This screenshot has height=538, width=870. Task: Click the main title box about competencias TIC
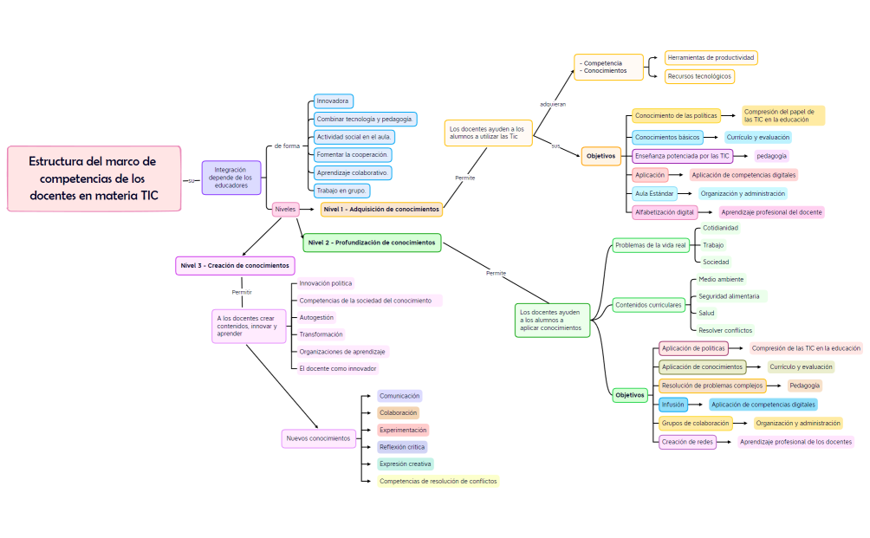click(94, 178)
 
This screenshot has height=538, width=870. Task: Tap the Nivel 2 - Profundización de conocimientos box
click(372, 243)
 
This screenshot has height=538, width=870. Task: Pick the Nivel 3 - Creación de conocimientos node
click(235, 265)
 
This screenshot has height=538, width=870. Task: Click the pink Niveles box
click(285, 210)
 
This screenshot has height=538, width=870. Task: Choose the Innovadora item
click(333, 100)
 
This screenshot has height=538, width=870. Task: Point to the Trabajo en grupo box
click(342, 191)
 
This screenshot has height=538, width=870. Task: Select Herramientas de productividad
click(711, 58)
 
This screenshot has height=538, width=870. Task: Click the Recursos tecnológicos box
click(699, 76)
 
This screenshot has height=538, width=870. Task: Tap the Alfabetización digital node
click(665, 212)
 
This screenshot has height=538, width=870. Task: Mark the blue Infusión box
click(673, 405)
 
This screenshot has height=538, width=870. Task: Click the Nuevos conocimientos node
click(318, 438)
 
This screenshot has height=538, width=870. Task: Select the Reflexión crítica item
click(402, 447)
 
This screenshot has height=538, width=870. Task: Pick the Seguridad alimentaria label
click(729, 296)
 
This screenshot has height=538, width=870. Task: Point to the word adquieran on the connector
click(553, 104)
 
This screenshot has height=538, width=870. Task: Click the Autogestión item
click(316, 318)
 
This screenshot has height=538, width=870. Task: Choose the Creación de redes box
click(687, 442)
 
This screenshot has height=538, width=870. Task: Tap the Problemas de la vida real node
click(650, 246)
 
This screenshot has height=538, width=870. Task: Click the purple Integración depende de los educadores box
click(230, 178)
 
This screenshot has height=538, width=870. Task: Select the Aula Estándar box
click(654, 194)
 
